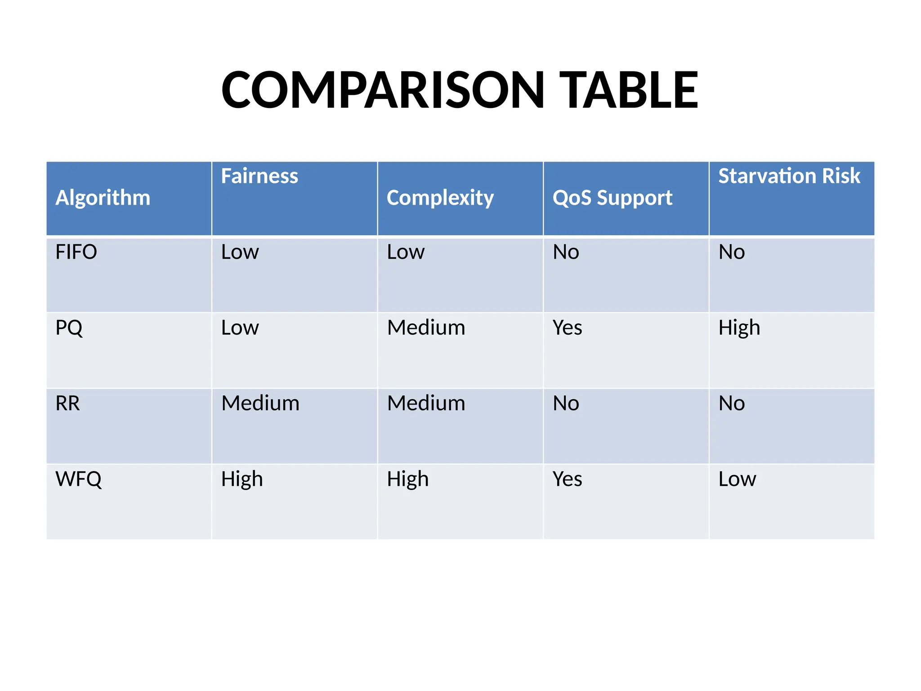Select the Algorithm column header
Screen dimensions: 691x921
click(103, 197)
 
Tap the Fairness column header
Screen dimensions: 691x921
click(259, 176)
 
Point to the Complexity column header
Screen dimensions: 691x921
click(440, 197)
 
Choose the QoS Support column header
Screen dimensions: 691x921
click(613, 197)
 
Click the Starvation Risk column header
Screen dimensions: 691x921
click(789, 176)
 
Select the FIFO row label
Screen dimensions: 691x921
click(76, 252)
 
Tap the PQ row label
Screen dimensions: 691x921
click(69, 328)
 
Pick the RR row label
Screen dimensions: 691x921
click(67, 403)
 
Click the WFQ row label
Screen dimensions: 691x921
click(79, 479)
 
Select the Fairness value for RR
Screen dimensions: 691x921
click(260, 403)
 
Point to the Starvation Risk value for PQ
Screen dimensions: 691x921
click(739, 328)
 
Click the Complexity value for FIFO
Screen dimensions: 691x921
click(406, 252)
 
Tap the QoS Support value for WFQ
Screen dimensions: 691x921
click(568, 479)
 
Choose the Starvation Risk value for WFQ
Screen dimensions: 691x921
click(737, 479)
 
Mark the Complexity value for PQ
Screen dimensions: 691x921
click(426, 328)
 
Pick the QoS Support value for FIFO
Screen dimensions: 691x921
click(566, 252)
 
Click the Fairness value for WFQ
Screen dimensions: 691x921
click(242, 479)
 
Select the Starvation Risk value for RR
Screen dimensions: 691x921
click(732, 403)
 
